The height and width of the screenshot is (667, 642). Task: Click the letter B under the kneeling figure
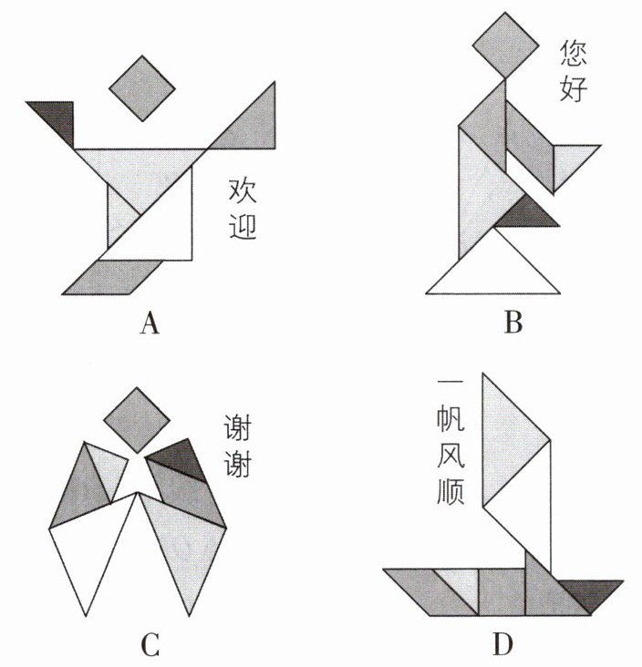coord(513,323)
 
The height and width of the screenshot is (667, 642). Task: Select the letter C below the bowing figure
coord(150,646)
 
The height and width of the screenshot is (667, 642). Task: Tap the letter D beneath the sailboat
coord(502,646)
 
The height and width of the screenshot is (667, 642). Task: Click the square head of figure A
coord(141,87)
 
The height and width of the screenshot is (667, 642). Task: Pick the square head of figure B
coord(503,45)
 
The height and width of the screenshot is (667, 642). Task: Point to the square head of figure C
coord(136,420)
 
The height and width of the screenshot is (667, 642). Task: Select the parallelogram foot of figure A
coord(113,277)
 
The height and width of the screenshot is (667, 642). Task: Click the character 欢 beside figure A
coord(242,192)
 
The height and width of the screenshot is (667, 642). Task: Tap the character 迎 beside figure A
coord(242,225)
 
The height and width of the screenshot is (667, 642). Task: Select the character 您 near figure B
coord(574,54)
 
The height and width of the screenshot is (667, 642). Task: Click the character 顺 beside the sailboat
coord(450,492)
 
